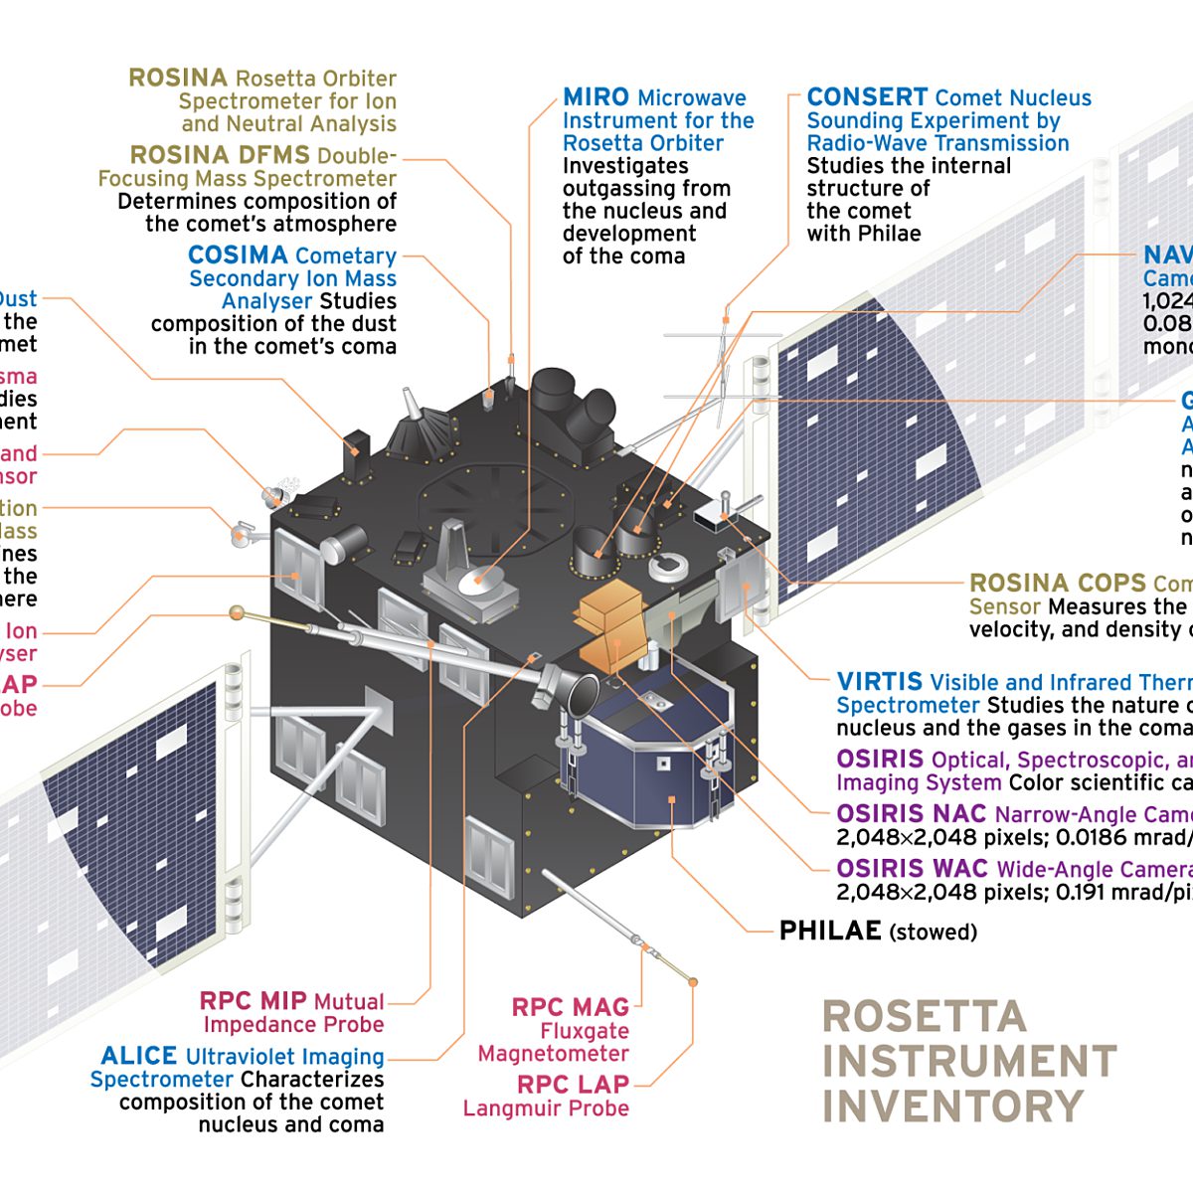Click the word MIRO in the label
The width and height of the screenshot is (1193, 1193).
pos(596,97)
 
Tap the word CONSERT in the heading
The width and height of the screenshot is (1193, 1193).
pos(867,97)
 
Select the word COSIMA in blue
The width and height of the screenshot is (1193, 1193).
pos(238,256)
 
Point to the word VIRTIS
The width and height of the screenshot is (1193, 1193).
pos(879,682)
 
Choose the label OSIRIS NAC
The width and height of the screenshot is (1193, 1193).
pos(911,814)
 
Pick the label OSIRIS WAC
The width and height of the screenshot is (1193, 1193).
pos(912,868)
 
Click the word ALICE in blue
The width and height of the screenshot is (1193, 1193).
pos(139,1056)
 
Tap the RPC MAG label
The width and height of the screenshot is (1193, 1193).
pos(570,1007)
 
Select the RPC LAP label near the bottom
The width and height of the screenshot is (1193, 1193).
pos(573,1084)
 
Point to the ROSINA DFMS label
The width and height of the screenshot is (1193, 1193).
pos(221,155)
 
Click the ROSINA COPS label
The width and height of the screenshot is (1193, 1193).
pos(1058,583)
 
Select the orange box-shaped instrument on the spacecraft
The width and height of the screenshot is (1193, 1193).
pos(608,621)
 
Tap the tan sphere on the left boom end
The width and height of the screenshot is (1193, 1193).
pos(237,611)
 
